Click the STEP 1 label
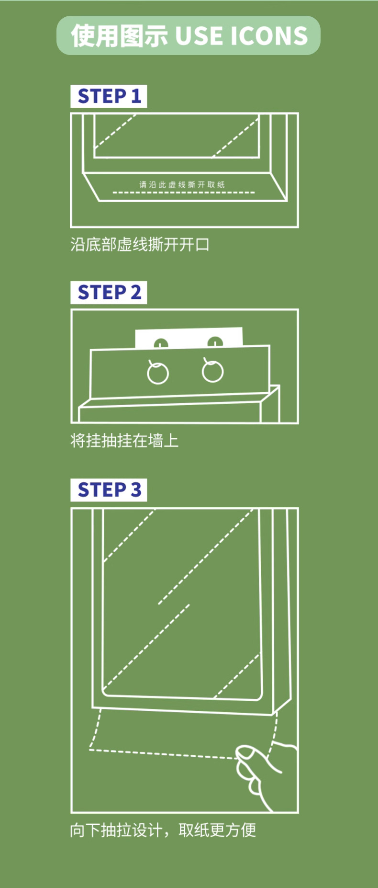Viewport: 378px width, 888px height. click(109, 96)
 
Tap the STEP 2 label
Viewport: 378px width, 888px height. click(109, 292)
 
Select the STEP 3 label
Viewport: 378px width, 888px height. click(109, 490)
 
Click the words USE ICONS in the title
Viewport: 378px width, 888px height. click(241, 36)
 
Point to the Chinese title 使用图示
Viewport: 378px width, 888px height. click(120, 36)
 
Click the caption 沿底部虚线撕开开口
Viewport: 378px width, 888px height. click(140, 245)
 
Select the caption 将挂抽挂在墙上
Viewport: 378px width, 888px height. click(124, 441)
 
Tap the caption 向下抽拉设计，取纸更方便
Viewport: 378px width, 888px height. click(163, 830)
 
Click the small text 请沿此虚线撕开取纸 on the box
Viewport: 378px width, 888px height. click(182, 184)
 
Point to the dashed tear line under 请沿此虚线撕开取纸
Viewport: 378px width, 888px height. click(184, 193)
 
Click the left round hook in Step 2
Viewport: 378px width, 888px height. click(157, 373)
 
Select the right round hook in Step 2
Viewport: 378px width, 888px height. click(212, 371)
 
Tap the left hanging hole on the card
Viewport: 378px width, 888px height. click(161, 343)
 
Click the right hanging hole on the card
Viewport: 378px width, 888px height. click(215, 342)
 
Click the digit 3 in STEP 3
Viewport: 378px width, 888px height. click(136, 490)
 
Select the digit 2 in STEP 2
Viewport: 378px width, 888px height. click(136, 292)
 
